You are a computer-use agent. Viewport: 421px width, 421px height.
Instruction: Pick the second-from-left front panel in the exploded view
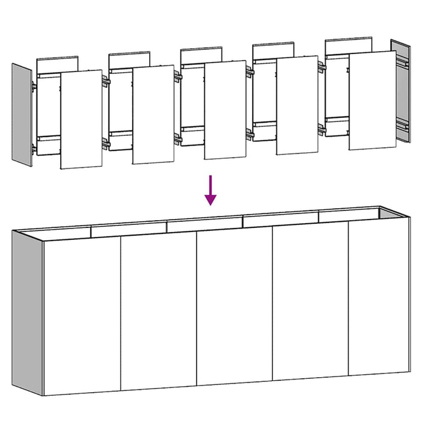(153, 114)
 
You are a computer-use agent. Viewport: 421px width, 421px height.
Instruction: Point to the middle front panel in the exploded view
(225, 109)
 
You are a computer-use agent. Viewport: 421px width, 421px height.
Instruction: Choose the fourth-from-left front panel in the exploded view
(297, 105)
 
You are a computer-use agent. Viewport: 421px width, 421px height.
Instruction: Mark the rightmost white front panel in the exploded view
(371, 100)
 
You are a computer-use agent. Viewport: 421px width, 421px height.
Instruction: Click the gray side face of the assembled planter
(27, 313)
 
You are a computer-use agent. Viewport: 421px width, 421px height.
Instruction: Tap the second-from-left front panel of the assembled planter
(159, 312)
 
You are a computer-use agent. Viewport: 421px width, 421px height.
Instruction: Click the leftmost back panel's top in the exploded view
(58, 63)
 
